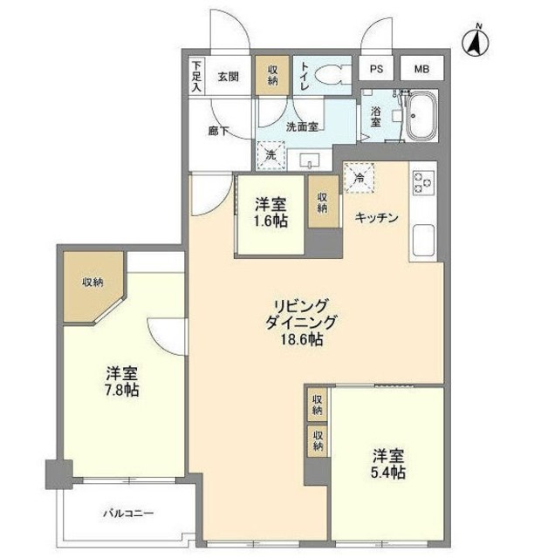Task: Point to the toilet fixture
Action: pyautogui.click(x=329, y=73)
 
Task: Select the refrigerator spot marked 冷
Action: pyautogui.click(x=359, y=177)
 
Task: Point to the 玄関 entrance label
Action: pyautogui.click(x=229, y=75)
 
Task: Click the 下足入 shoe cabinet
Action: pyautogui.click(x=197, y=76)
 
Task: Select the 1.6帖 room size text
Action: pyautogui.click(x=270, y=221)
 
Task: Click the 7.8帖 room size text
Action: pyautogui.click(x=121, y=390)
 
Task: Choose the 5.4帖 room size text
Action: pyautogui.click(x=388, y=472)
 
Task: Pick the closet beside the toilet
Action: pyautogui.click(x=272, y=73)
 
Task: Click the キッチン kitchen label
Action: pyautogui.click(x=376, y=218)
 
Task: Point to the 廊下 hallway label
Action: pyautogui.click(x=218, y=131)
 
